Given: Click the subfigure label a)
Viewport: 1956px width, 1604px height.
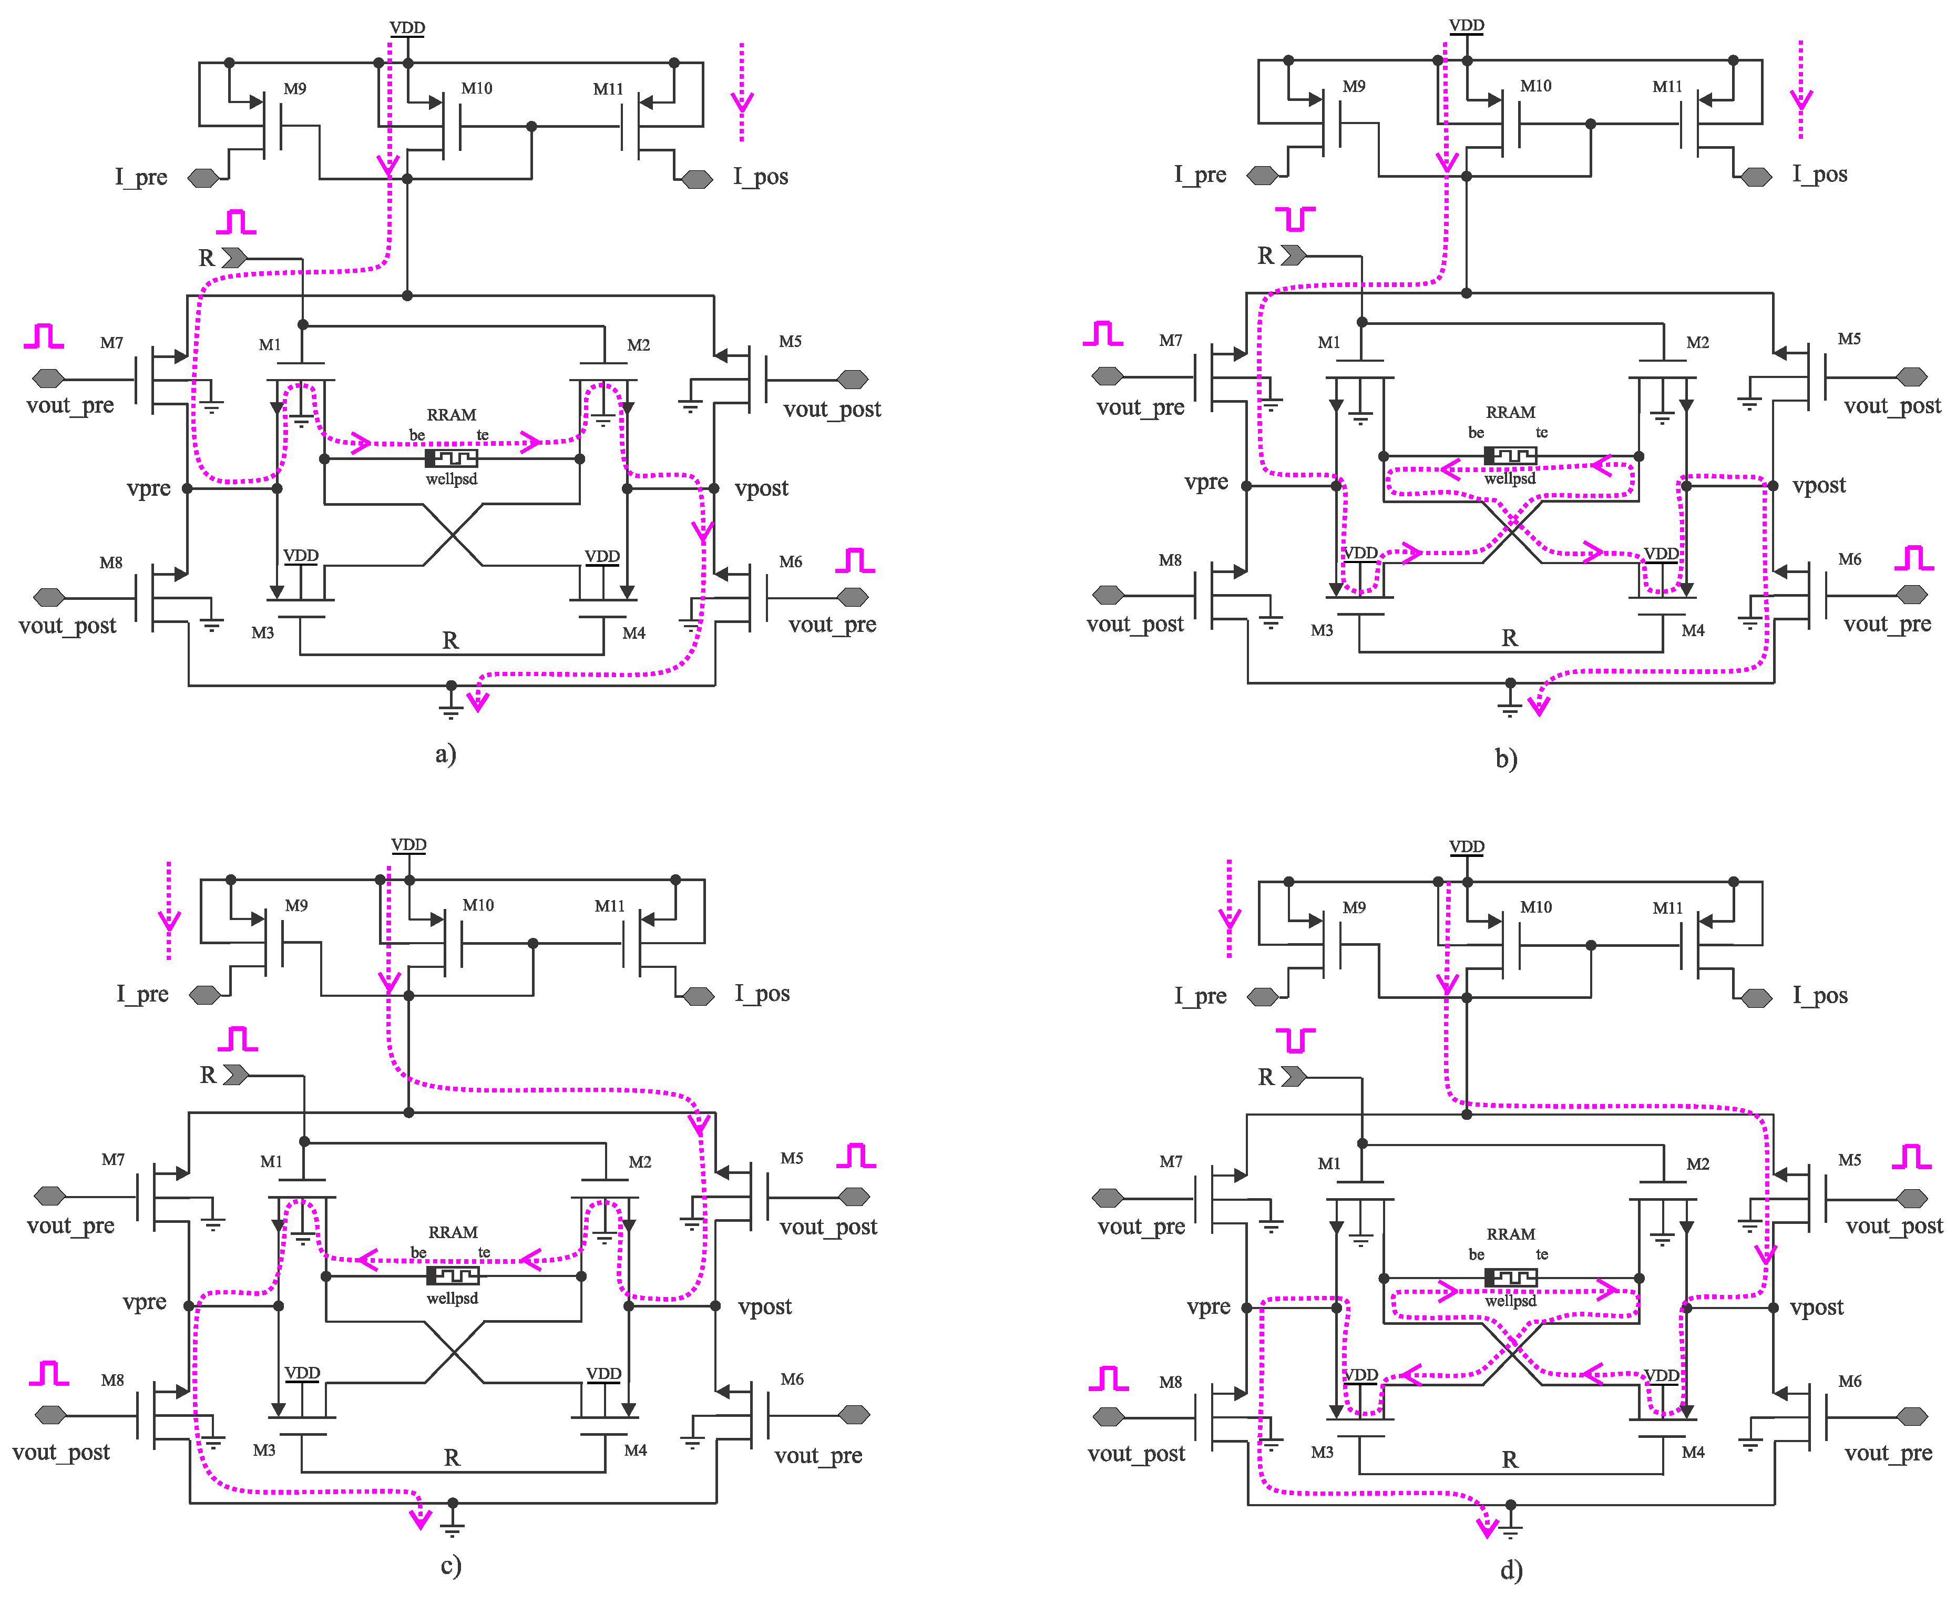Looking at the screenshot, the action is pos(445,754).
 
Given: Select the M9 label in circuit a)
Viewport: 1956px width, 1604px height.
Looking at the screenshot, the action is pos(295,89).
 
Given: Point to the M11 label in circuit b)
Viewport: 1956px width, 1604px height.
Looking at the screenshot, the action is pos(1668,87).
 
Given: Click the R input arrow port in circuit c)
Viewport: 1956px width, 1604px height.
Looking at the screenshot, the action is pos(235,1075).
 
